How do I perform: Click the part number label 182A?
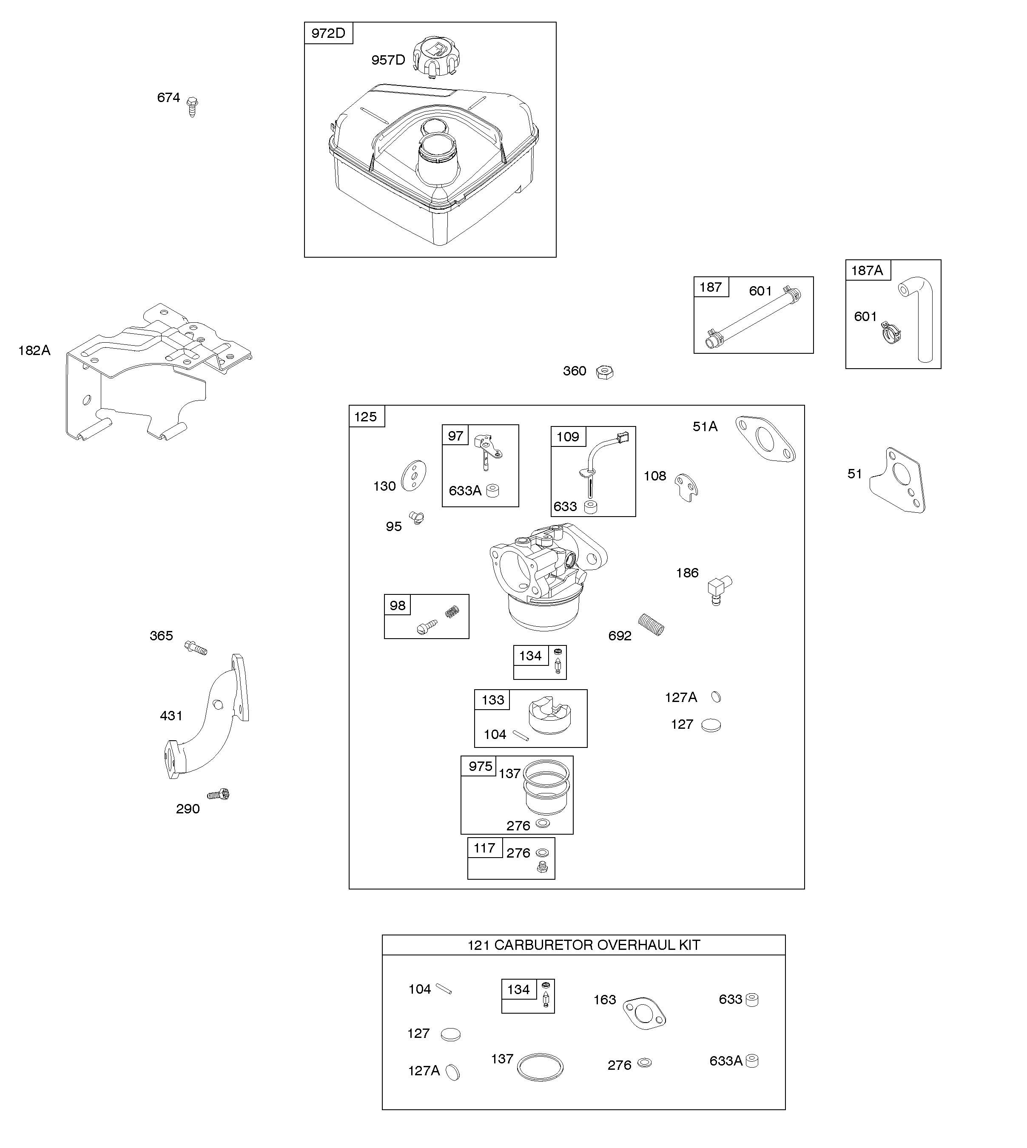[34, 350]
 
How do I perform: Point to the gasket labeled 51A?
[765, 439]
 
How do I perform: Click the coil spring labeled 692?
[651, 625]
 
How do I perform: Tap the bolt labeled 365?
[196, 648]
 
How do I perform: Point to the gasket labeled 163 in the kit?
[644, 1013]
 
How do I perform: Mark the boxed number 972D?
[328, 33]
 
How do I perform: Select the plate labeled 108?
[687, 487]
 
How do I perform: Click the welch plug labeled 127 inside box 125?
[711, 725]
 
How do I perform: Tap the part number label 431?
[171, 716]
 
